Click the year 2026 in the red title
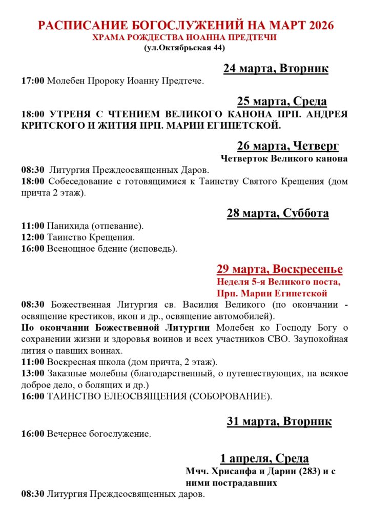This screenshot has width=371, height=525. click(317, 26)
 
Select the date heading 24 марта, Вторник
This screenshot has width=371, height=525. click(276, 69)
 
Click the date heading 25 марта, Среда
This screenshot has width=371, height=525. click(282, 101)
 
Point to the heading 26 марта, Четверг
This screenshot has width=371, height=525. click(287, 146)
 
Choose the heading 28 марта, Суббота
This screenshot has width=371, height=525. click(278, 213)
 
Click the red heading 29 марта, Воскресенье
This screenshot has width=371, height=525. click(279, 269)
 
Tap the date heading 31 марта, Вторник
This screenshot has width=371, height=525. click(279, 421)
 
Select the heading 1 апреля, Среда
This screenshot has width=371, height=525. click(264, 458)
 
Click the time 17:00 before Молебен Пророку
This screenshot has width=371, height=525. click(33, 81)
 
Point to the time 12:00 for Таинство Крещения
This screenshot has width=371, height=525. click(33, 237)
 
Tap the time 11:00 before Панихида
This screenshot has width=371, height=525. click(33, 226)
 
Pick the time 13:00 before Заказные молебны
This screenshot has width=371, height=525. click(33, 373)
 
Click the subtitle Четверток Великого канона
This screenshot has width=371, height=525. click(284, 158)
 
